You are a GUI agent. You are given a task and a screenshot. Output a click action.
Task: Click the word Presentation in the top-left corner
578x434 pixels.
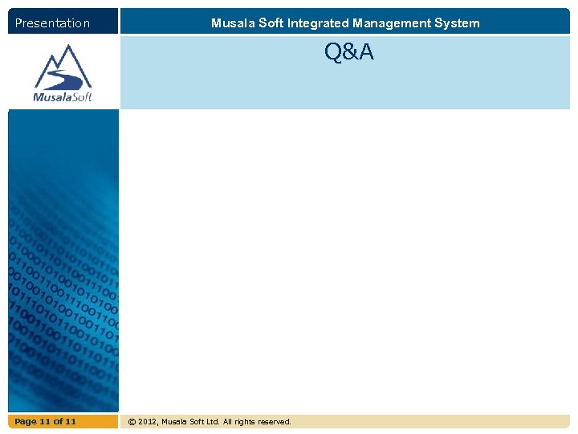pos(52,23)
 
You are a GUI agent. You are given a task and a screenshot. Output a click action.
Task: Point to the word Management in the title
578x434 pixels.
pos(393,23)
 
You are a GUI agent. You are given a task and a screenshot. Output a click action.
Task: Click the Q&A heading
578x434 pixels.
pos(349,52)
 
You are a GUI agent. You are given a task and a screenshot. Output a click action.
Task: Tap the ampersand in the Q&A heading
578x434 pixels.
pos(349,52)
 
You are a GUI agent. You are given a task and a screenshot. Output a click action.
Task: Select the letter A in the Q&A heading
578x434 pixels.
pos(366,52)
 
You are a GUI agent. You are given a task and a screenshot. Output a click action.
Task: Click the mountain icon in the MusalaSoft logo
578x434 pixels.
pos(63,68)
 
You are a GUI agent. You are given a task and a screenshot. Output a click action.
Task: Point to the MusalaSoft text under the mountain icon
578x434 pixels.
pos(63,97)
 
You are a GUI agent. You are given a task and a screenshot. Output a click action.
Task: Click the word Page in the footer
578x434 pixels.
pos(26,422)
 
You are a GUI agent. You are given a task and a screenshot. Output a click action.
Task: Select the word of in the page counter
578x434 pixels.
pos(58,422)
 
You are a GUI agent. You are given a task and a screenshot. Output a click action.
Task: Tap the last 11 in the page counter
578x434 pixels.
pos(71,422)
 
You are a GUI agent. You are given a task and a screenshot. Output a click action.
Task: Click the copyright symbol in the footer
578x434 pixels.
pos(132,422)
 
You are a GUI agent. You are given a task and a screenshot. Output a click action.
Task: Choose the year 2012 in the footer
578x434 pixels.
pos(149,422)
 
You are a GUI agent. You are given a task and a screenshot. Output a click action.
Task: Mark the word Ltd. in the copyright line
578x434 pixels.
pos(211,422)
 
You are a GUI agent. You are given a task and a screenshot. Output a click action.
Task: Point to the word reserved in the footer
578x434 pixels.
pos(275,422)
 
